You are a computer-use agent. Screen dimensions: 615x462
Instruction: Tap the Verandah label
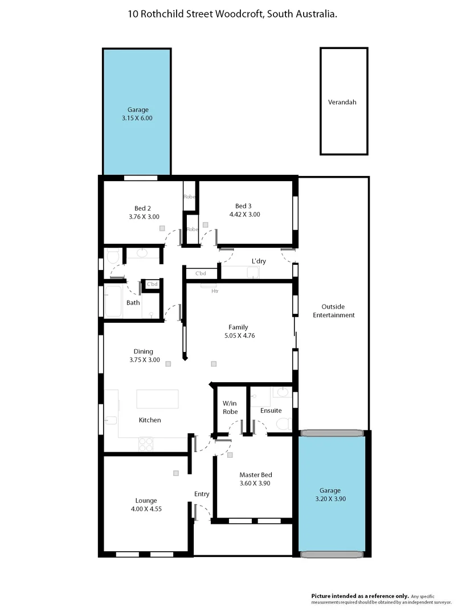click(x=342, y=102)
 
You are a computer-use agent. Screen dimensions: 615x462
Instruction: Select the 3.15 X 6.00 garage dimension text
click(x=137, y=118)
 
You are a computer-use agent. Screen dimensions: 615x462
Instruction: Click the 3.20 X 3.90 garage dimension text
click(x=330, y=499)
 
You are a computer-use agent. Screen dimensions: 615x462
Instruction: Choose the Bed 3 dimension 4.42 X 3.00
click(x=244, y=215)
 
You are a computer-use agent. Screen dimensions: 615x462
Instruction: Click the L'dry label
click(x=259, y=261)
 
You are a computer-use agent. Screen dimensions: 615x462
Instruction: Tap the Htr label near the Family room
click(x=215, y=291)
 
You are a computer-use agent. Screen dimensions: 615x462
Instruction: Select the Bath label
click(x=133, y=303)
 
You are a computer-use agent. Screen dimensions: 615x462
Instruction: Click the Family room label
click(x=238, y=327)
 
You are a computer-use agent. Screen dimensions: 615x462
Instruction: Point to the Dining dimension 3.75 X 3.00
click(x=143, y=360)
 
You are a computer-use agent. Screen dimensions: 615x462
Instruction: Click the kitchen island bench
click(x=157, y=399)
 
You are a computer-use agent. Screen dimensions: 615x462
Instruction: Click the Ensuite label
click(x=271, y=410)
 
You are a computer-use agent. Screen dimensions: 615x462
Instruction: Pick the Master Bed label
click(x=255, y=475)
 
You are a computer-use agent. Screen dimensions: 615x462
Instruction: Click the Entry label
click(x=202, y=494)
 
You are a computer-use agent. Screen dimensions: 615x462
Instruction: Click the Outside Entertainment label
click(x=338, y=310)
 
